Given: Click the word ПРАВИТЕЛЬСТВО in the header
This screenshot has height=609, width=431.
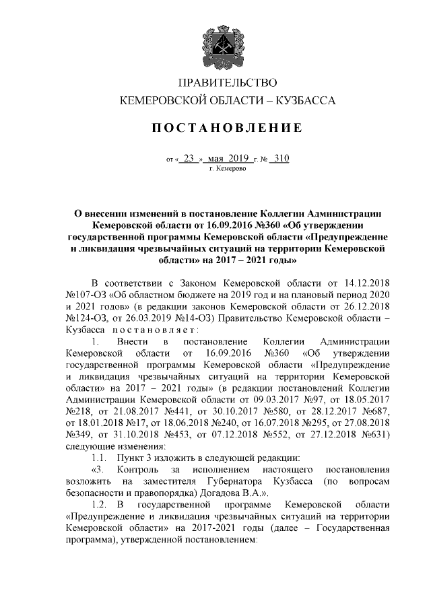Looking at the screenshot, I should click(x=228, y=83).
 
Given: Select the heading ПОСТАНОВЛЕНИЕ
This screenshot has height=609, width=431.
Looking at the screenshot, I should click(x=228, y=128).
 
